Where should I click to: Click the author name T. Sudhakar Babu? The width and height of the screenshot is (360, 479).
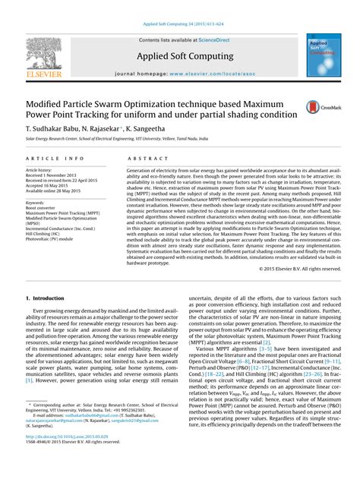pyautogui.click(x=53, y=130)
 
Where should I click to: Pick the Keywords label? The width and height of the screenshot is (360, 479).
pyautogui.click(x=36, y=203)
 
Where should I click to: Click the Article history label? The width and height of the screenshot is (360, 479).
pyautogui.click(x=39, y=170)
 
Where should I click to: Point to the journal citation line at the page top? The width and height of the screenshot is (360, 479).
pyautogui.click(x=179, y=23)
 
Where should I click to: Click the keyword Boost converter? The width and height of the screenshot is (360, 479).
pyautogui.click(x=41, y=208)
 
